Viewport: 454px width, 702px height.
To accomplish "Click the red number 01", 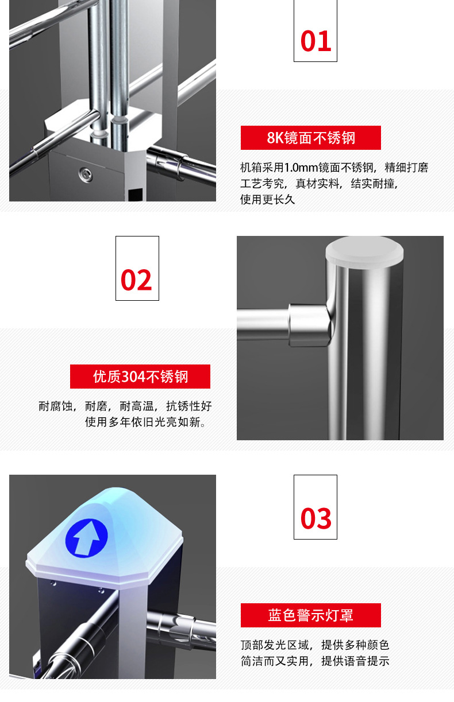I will pos(316,42).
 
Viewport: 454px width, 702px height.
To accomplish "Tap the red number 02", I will pos(137,280).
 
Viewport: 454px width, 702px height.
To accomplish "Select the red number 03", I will pos(316,519).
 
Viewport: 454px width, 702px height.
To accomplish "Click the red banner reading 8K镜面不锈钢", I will pos(310,138).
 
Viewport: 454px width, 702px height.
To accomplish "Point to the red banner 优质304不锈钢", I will pos(140,377).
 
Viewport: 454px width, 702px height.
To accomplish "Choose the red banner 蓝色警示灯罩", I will pos(310,615).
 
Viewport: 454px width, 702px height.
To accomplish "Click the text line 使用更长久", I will pos(267,200).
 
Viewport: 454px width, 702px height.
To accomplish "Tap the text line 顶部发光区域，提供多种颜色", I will pos(315,645).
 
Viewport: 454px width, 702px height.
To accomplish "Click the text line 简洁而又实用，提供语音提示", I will pos(315,661).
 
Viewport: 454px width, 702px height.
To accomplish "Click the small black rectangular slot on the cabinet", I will pos(135,193).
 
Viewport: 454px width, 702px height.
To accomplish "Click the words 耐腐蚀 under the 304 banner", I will pos(56,406).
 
